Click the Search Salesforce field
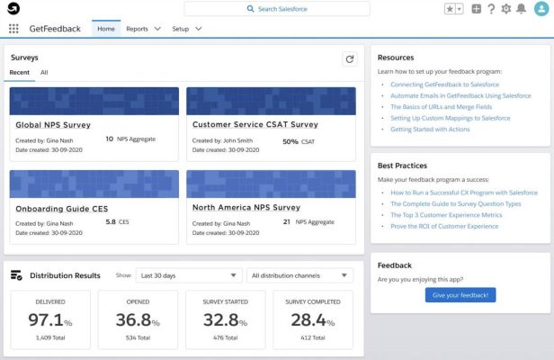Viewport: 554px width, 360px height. click(277, 9)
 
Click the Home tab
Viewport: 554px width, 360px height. click(106, 29)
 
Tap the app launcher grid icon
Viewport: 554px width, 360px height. click(13, 29)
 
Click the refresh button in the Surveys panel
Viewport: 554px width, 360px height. click(349, 58)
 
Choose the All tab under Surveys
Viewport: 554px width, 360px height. click(44, 72)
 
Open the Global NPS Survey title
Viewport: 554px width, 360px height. click(53, 125)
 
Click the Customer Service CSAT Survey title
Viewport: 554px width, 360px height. click(255, 125)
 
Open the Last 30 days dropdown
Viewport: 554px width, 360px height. click(190, 275)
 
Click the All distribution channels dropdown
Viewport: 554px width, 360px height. click(299, 275)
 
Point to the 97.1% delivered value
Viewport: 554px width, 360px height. click(50, 320)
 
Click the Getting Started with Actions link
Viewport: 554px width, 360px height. click(430, 130)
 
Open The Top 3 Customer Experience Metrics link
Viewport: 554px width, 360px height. click(457, 215)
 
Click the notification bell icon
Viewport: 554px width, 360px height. click(521, 9)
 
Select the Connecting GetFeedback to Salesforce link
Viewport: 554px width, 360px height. click(452, 85)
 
